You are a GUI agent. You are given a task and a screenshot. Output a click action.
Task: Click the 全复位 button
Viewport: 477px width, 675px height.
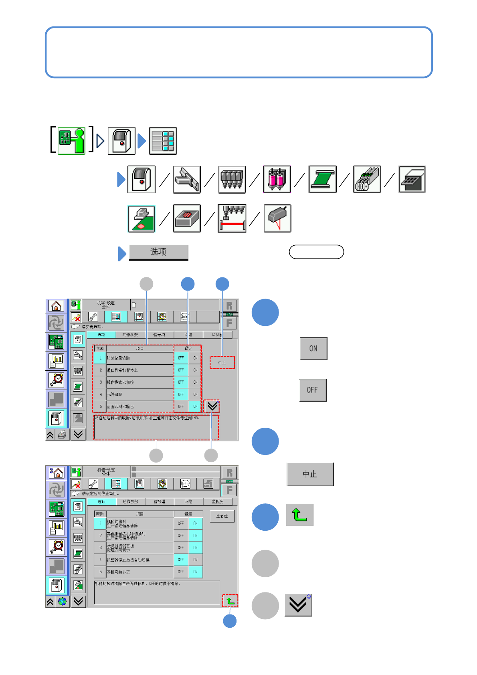(x=222, y=516)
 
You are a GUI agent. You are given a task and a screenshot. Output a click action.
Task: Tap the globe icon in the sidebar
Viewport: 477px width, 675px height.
(x=62, y=601)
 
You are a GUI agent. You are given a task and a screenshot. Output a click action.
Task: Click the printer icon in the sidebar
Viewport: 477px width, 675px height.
(x=62, y=435)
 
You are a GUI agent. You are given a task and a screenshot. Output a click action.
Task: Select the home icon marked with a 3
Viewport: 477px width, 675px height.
(x=57, y=473)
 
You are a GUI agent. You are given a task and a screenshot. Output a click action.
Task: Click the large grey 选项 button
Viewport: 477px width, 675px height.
(x=158, y=252)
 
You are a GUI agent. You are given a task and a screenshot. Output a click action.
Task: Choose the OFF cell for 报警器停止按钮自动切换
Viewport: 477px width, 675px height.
(x=181, y=560)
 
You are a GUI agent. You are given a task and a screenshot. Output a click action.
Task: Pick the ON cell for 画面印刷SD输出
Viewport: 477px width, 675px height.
(x=195, y=406)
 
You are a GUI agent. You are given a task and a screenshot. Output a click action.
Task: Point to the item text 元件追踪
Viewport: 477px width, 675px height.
(x=115, y=394)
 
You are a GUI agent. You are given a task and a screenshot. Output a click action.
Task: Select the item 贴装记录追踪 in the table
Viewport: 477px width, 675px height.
(x=119, y=358)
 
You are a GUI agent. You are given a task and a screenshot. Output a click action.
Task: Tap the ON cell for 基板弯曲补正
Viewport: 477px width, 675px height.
(x=195, y=572)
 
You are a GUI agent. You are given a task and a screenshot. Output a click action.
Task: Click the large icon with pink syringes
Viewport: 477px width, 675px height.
(x=277, y=180)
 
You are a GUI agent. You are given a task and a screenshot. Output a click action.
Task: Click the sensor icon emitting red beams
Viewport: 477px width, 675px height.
(x=277, y=218)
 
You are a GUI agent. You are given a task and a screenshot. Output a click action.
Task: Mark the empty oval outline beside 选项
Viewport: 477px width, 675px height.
(x=316, y=252)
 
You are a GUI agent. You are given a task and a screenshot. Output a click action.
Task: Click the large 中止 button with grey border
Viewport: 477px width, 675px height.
(x=310, y=474)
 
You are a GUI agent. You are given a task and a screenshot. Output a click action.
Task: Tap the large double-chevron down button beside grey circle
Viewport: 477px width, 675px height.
(x=298, y=605)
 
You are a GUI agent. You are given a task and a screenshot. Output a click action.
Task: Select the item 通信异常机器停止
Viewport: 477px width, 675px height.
(x=122, y=370)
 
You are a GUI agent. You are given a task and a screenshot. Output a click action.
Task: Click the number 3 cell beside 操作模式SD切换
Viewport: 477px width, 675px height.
(x=101, y=382)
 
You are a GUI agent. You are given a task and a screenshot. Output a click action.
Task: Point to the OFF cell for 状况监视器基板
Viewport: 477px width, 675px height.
(x=181, y=548)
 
